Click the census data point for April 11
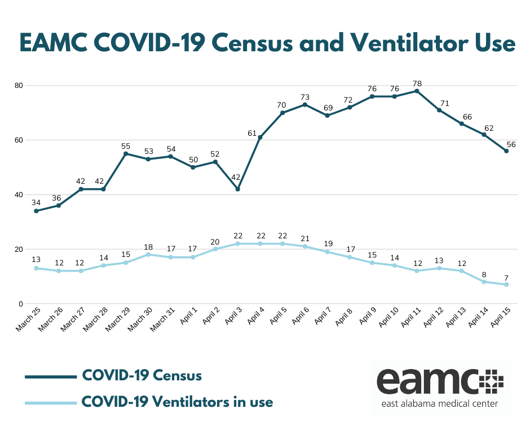[x=417, y=91]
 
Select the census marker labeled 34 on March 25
[x=36, y=211]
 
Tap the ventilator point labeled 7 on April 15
[x=506, y=285]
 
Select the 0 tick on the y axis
[x=20, y=304]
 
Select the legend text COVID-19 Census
[x=142, y=375]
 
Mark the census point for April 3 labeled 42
[x=238, y=189]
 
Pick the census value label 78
[x=417, y=83]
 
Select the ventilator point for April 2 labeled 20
[x=215, y=249]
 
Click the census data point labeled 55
[x=126, y=153]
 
